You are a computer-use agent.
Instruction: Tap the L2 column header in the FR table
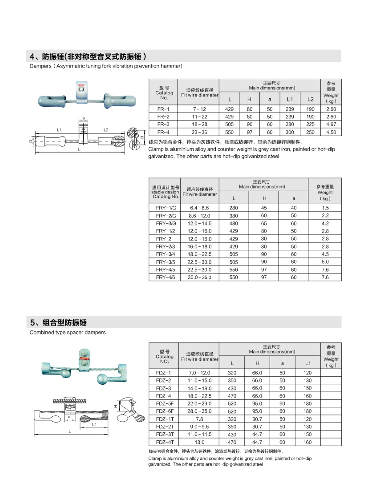coord(311,98)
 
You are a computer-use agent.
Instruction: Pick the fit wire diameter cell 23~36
coord(200,132)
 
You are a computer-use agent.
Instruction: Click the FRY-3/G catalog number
coord(166,223)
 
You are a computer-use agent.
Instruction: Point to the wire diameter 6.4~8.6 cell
coord(199,208)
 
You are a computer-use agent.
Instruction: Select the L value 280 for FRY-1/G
coord(234,208)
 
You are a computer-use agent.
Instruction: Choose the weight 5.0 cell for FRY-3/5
coord(325,262)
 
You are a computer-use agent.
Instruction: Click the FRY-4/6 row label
coord(166,278)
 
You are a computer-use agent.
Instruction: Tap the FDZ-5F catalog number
coord(164,403)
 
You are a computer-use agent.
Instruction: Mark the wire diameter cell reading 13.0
coord(199,443)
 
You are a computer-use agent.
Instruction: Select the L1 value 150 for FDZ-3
coord(307,388)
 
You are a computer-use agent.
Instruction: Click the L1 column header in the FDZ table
coord(307,363)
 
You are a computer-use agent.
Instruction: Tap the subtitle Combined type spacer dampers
coord(68,332)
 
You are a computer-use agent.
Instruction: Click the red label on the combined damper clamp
coord(82,357)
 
